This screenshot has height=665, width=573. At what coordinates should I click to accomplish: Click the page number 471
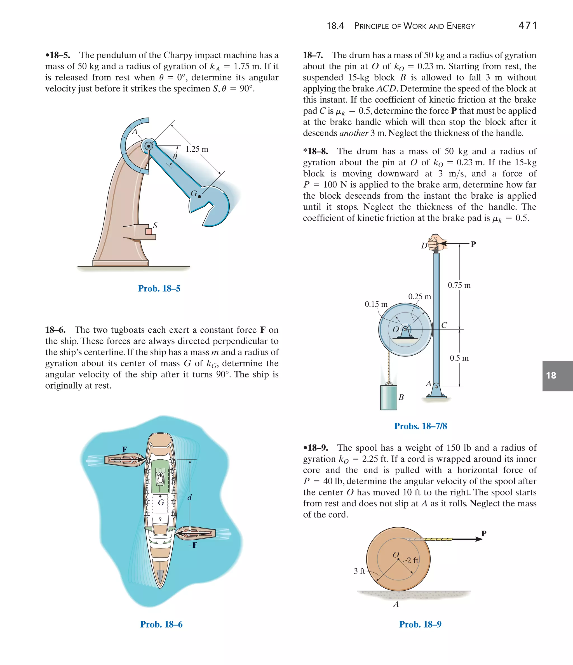click(527, 25)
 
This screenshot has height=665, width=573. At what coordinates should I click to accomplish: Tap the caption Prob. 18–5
click(159, 288)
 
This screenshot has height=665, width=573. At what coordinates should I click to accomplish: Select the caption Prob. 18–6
click(161, 624)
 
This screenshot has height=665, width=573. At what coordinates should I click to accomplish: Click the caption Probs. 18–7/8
click(420, 426)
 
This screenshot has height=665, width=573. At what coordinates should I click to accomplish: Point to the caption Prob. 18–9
click(420, 624)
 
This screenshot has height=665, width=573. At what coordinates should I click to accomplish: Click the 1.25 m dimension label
click(196, 149)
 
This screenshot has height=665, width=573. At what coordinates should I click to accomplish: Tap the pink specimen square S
click(149, 231)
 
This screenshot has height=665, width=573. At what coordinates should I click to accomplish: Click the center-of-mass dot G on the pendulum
click(199, 196)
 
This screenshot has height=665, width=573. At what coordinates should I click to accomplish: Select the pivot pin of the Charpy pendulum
click(148, 146)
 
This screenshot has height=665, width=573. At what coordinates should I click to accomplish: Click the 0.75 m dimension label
click(459, 285)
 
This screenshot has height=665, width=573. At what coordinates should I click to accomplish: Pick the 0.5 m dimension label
click(459, 358)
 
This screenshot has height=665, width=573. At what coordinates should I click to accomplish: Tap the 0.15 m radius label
click(376, 304)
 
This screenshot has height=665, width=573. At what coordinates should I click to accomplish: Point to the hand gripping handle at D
click(436, 242)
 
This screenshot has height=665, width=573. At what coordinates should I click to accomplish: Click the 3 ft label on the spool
click(359, 571)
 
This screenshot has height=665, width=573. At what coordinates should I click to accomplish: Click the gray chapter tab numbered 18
click(557, 375)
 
